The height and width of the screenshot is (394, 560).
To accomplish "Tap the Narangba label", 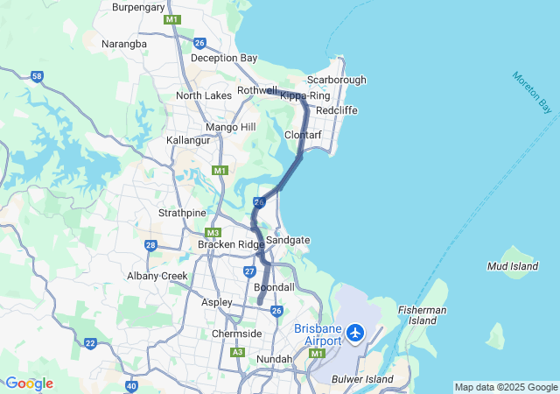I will tap(124, 43).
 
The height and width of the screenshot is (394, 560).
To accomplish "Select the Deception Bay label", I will tap(224, 58).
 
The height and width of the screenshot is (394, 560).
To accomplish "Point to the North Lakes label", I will tap(204, 95).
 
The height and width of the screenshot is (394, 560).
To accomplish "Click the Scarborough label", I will tap(337, 80).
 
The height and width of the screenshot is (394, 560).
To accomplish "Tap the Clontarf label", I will tap(303, 135).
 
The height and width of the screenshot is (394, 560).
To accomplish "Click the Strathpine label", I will tap(182, 213).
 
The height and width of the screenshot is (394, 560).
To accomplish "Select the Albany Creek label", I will tap(157, 276).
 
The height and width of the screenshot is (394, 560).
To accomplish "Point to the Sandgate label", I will tap(288, 240).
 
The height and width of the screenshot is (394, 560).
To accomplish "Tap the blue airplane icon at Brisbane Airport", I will tap(355, 333).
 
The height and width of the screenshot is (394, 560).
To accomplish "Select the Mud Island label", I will tap(514, 264).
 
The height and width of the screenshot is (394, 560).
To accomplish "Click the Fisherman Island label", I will tap(422, 315).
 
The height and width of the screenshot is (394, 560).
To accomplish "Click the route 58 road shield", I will tap(37, 77).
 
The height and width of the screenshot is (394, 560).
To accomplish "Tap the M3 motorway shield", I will tap(213, 233).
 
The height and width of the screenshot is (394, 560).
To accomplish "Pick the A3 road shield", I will tap(237, 352).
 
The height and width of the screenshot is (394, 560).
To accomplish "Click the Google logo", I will tap(28, 383).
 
